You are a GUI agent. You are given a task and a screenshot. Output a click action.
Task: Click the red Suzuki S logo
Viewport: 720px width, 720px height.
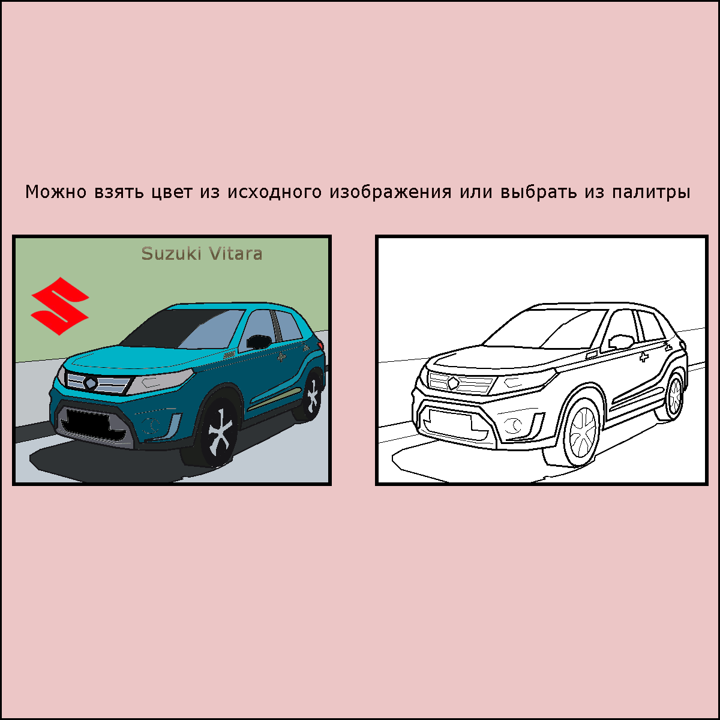point(60,306)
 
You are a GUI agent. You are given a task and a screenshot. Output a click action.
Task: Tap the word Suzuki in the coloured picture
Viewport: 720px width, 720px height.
point(171,254)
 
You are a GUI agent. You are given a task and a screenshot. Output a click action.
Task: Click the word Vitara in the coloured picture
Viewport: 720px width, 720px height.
point(235,254)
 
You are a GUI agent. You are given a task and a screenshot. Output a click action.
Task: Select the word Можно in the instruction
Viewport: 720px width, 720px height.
point(56,192)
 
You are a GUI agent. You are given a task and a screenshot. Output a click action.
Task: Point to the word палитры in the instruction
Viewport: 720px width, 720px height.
point(650,193)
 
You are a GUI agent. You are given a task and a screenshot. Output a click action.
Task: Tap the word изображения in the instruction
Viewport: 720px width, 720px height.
point(390,192)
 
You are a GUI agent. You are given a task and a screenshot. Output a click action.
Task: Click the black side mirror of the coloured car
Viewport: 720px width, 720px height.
point(259,341)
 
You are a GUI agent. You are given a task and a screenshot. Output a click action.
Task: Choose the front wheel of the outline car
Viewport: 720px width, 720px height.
point(582,432)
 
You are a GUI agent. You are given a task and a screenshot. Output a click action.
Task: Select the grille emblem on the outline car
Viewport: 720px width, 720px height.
point(453,383)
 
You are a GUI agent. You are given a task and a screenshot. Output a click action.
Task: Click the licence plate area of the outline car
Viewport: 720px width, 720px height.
point(450,420)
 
